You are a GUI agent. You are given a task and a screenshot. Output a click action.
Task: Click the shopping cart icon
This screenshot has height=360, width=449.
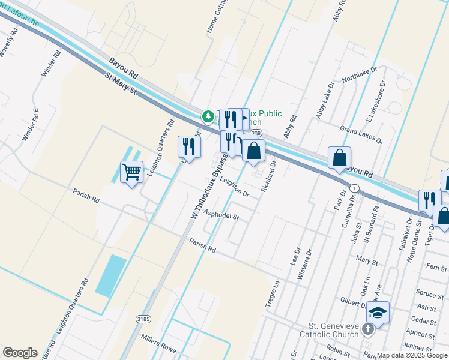coord(131,172)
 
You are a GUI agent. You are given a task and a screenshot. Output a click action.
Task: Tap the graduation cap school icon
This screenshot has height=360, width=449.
coord(378,312)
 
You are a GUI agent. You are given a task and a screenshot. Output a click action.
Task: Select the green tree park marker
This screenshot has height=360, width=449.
coord(208,115)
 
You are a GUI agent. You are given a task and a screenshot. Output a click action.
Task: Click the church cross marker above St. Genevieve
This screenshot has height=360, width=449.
coord(369,329)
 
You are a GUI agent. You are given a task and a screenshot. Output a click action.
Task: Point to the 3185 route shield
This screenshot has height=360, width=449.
coord(142,319)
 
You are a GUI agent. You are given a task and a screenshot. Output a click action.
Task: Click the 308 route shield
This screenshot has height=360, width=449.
coord(256,133)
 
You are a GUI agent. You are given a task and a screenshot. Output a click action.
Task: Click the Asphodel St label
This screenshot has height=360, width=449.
coord(221,214)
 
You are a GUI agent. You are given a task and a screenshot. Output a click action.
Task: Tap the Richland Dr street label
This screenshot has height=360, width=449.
coord(268,175)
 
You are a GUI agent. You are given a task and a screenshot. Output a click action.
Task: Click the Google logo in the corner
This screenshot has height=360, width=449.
coord(20,352)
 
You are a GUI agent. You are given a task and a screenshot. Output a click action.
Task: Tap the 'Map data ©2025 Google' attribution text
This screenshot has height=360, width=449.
coord(412,355)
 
